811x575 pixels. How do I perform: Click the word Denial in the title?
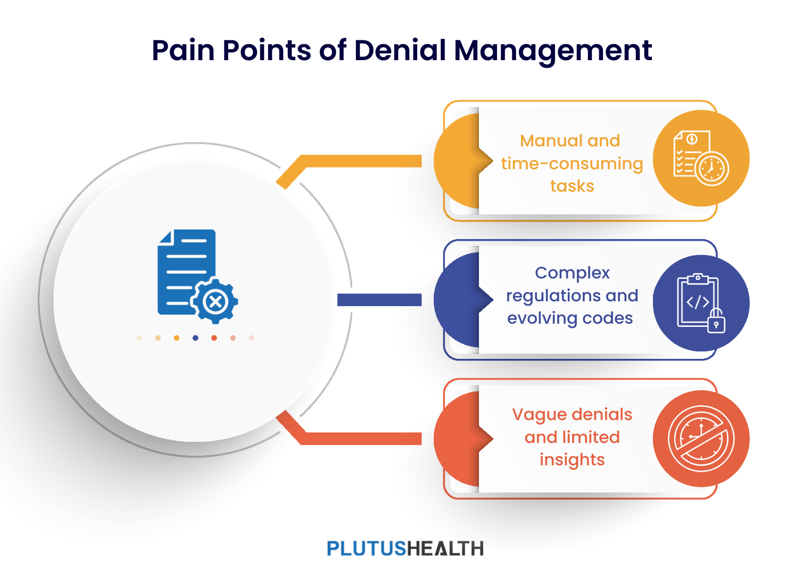400,51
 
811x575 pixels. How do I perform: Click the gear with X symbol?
216,302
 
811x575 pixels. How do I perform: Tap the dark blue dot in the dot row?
195,338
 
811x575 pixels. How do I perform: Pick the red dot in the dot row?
214,338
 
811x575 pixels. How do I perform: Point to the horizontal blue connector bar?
379,300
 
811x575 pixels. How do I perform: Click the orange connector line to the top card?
362,161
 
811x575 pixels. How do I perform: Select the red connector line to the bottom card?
362,439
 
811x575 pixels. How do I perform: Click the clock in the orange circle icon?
711,169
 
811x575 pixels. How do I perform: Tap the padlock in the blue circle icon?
716,321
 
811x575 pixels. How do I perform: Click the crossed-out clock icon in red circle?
701,439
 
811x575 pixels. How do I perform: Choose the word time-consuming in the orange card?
572,163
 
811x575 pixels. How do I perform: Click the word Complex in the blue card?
572,273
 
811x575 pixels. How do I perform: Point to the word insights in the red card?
572,459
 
